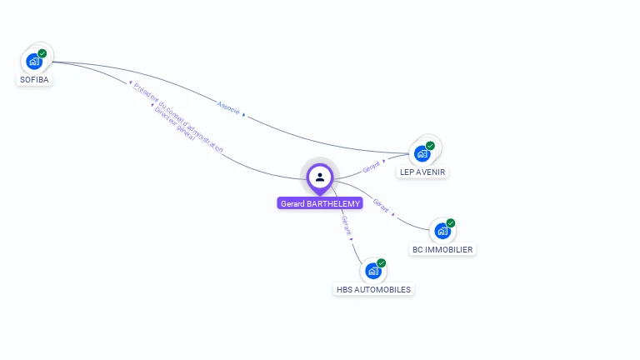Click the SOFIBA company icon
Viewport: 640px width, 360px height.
tap(33, 61)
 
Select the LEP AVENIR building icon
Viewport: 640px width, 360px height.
tap(422, 153)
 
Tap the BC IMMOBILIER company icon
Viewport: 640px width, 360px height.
tap(442, 231)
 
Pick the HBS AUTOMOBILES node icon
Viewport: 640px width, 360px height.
tap(372, 271)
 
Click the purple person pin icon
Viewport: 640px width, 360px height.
tap(320, 177)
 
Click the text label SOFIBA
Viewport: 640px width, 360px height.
tap(34, 80)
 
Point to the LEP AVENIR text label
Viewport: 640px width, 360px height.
tap(422, 172)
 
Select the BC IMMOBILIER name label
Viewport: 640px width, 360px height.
tap(442, 249)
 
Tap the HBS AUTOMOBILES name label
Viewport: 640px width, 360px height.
tap(372, 290)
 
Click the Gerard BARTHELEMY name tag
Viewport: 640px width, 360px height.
tap(320, 203)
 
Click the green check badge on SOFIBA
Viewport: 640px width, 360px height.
tap(42, 53)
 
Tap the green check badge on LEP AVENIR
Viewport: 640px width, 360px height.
tap(431, 145)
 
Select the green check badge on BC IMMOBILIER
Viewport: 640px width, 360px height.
tap(451, 222)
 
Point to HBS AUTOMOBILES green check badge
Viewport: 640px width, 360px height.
tap(382, 262)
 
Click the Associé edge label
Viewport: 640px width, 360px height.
tap(228, 108)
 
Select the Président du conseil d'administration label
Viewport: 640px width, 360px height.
tap(178, 117)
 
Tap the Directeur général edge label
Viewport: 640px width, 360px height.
tap(174, 123)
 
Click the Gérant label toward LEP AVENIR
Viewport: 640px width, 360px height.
tap(372, 166)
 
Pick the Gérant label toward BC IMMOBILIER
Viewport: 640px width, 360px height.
tap(381, 205)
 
